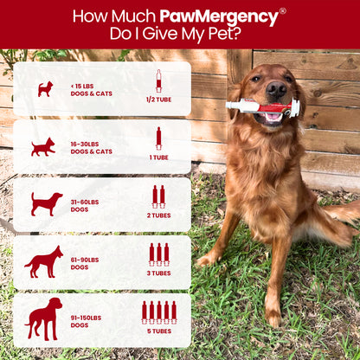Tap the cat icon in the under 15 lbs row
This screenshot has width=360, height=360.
44,88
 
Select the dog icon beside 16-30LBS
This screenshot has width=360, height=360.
43,146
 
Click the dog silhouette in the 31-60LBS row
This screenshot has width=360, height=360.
46,203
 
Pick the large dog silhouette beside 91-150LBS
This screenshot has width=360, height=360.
43,318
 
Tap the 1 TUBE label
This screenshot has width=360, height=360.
157,157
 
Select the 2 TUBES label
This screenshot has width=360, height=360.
158,215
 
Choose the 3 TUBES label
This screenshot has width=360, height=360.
158,273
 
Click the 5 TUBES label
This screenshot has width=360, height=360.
158,330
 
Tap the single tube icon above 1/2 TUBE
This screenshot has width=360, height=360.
158,80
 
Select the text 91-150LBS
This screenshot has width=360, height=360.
87,317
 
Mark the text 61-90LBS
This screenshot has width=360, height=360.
86,259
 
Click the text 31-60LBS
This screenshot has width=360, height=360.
86,202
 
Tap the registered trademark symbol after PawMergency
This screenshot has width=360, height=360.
282,10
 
